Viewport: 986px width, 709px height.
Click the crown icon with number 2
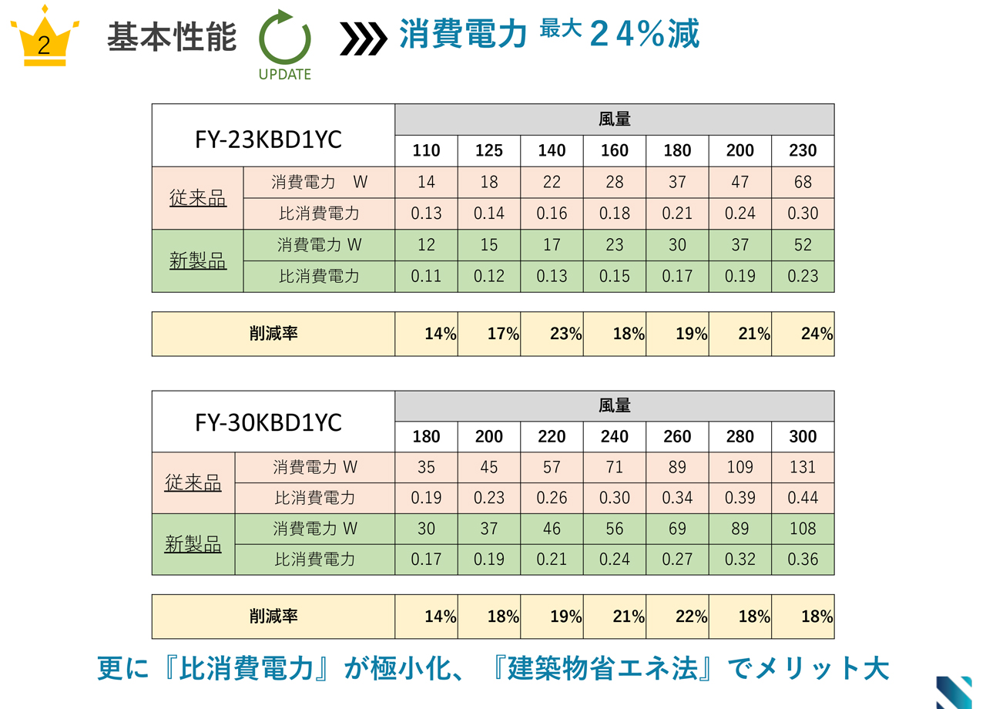click(44, 39)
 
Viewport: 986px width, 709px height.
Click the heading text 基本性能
click(172, 37)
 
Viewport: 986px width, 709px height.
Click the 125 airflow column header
click(489, 150)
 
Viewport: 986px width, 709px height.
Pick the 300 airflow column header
click(803, 437)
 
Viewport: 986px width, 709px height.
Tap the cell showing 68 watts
click(803, 182)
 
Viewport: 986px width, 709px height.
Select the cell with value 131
click(803, 467)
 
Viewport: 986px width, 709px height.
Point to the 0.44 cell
click(803, 498)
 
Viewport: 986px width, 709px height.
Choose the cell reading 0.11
click(426, 276)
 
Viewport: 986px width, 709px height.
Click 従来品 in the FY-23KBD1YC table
click(198, 198)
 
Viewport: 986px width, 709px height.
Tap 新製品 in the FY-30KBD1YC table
click(193, 544)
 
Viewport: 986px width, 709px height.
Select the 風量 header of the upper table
click(614, 119)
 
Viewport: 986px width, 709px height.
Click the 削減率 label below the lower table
click(273, 617)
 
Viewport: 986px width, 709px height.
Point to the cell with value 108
click(803, 529)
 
